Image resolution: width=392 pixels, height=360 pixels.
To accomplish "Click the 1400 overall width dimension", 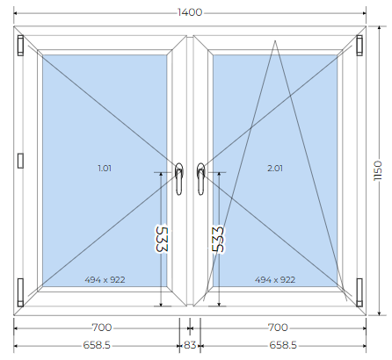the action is click(190, 12).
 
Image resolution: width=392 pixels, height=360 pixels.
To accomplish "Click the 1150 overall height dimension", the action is click(378, 170).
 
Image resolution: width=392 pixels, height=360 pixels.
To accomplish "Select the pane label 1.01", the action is click(105, 169).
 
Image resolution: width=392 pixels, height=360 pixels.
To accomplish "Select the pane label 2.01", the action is click(275, 169).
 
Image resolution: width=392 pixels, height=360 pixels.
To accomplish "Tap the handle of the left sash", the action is click(179, 179).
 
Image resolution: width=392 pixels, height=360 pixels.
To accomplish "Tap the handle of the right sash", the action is click(200, 179).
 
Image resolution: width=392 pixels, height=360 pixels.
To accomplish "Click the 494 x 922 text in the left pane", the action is click(105, 280).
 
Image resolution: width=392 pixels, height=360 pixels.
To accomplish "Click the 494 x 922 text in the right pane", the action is click(275, 280).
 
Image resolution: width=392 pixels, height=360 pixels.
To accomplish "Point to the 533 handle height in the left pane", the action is click(162, 239).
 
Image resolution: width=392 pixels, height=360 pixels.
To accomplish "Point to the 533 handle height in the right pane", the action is click(218, 239).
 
